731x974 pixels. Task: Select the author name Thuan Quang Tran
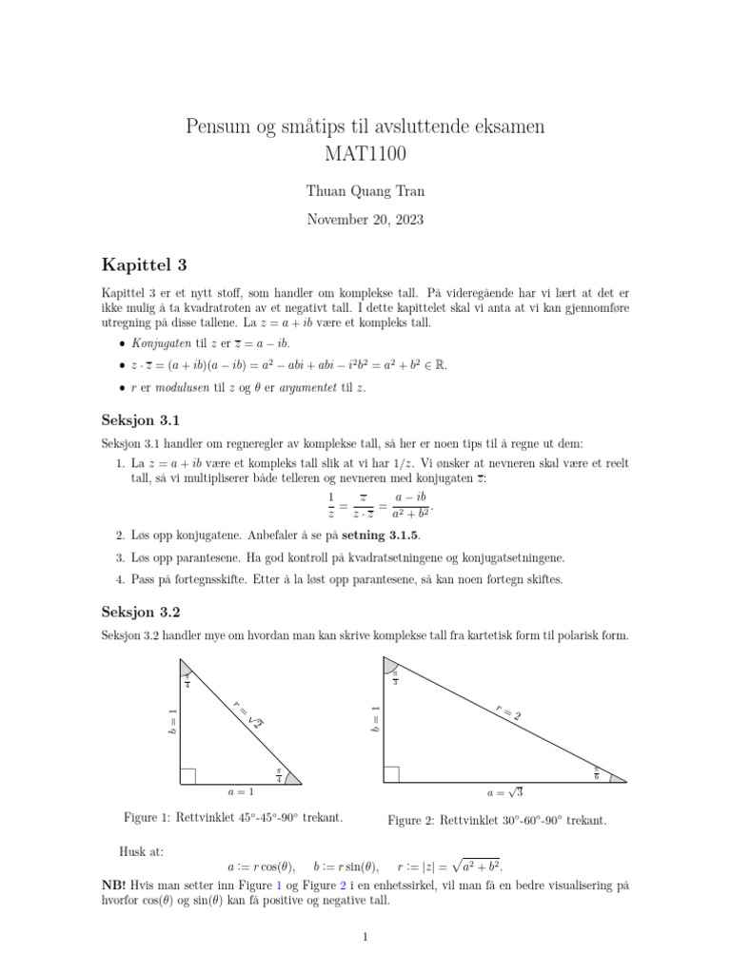tap(365, 191)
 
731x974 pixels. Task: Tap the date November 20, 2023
tap(365, 220)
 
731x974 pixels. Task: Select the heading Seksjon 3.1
tap(141, 419)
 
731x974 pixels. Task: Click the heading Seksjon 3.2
tap(141, 610)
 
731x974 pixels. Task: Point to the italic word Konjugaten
tap(150, 342)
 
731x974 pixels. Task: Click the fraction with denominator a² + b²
tap(408, 506)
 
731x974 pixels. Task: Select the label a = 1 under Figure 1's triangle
tap(240, 791)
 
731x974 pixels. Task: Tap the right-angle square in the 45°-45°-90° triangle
tap(188, 777)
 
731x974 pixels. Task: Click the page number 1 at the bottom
tap(365, 937)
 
